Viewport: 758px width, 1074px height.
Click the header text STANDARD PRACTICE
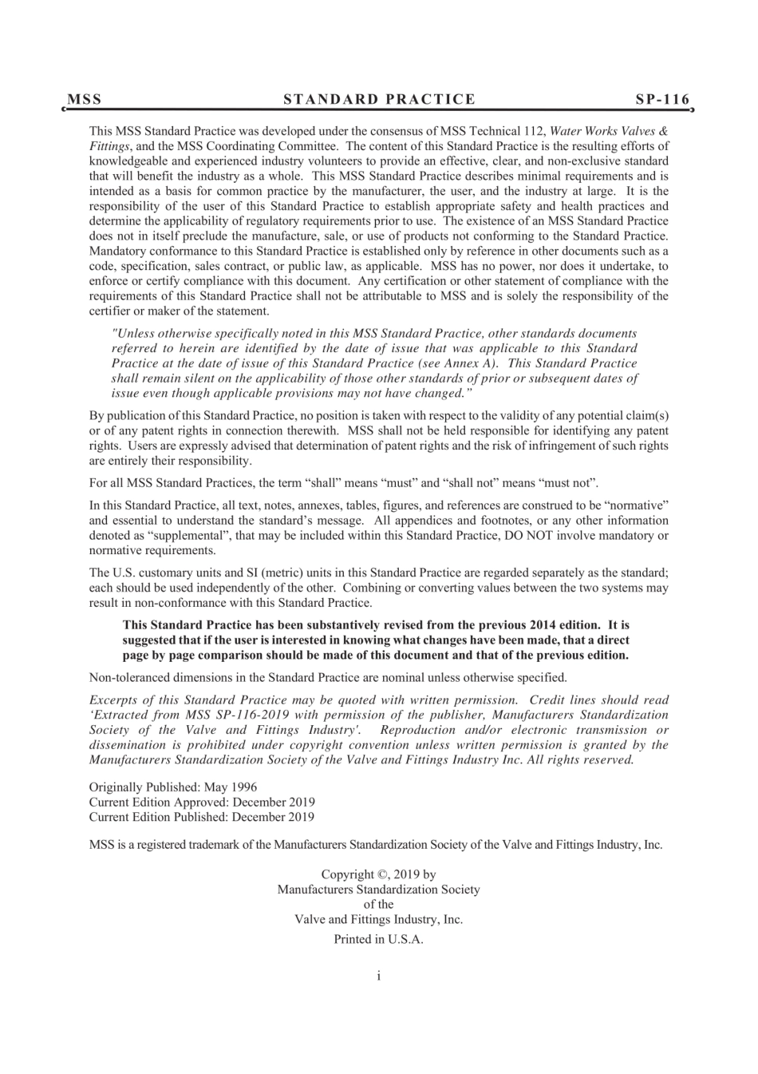click(379, 100)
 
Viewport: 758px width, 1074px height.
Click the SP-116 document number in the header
click(661, 100)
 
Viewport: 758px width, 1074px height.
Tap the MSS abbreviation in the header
click(85, 100)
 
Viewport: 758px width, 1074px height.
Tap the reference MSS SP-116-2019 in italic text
click(239, 715)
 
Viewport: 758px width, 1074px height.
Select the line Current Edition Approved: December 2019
click(202, 802)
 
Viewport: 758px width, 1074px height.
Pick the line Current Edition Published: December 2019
click(202, 817)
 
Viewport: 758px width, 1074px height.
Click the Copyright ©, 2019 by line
click(378, 874)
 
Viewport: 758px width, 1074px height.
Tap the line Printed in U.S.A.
click(378, 939)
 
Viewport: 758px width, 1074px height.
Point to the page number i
click(378, 976)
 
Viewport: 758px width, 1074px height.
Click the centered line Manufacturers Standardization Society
click(378, 889)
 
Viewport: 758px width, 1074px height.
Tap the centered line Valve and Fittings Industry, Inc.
click(378, 919)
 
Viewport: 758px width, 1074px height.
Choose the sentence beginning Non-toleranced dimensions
click(328, 678)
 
